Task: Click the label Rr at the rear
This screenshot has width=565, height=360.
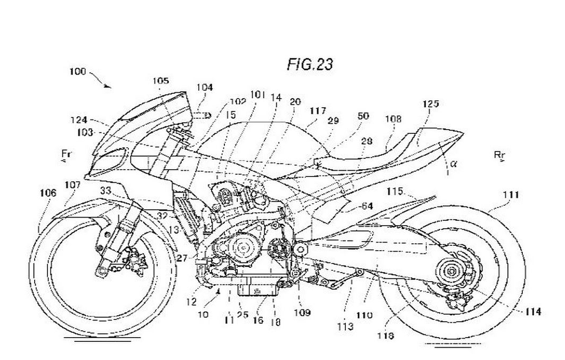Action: coord(499,155)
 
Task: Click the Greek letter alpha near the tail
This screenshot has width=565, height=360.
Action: coord(454,164)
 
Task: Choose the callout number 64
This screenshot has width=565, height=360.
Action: coord(366,206)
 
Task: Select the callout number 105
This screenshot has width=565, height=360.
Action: coord(160,81)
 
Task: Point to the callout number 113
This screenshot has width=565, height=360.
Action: coord(344,326)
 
